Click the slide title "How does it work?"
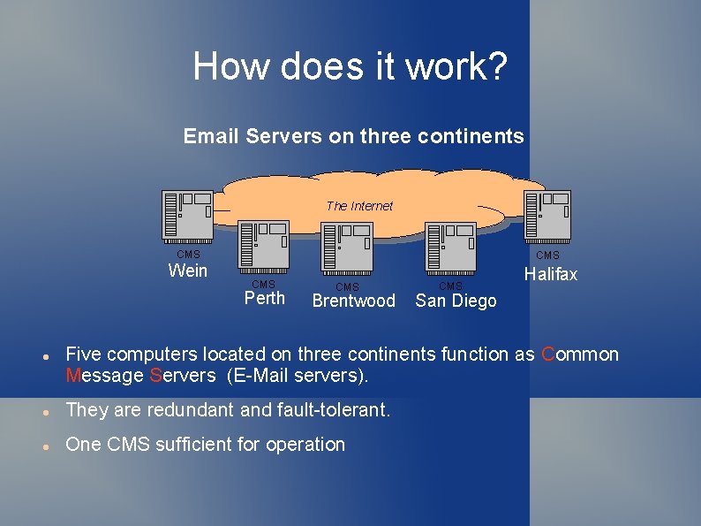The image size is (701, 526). (x=350, y=66)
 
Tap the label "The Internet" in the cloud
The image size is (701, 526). (x=359, y=206)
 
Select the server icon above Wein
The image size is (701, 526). (x=187, y=216)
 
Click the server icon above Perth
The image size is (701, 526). (x=263, y=247)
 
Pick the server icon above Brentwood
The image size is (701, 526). (x=348, y=248)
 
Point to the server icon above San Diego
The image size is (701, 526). (x=451, y=247)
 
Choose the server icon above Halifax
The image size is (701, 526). (x=547, y=216)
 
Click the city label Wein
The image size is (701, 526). (x=187, y=271)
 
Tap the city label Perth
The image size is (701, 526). (x=264, y=298)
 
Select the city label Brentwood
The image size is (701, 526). (x=354, y=301)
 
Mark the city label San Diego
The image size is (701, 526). (x=456, y=301)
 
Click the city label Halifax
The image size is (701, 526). (x=551, y=275)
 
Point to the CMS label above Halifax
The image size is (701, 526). (x=548, y=255)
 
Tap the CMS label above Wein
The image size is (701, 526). (x=188, y=255)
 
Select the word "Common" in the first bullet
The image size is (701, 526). (x=580, y=354)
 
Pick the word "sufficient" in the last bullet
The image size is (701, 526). (x=195, y=445)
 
